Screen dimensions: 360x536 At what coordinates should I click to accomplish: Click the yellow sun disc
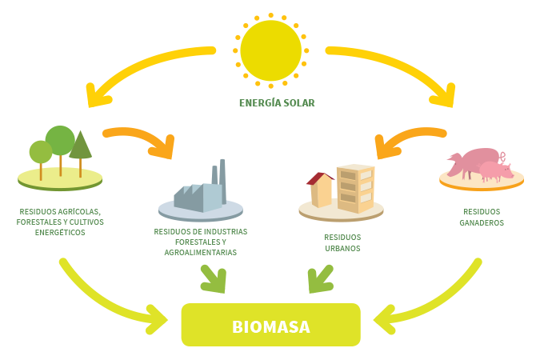(270, 50)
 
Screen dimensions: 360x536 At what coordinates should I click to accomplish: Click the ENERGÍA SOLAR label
(277, 102)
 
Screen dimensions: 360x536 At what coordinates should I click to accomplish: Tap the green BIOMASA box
(270, 326)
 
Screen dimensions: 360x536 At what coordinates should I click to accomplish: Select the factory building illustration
(197, 192)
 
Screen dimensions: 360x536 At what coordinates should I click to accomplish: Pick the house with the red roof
(320, 190)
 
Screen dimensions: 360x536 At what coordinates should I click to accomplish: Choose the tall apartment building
(355, 187)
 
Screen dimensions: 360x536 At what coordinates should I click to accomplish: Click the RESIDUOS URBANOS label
(342, 242)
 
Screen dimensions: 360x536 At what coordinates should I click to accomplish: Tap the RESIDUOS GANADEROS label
(482, 218)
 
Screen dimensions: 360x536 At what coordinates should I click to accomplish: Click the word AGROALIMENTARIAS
(201, 252)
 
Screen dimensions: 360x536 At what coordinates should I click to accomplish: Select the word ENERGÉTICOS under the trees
(60, 232)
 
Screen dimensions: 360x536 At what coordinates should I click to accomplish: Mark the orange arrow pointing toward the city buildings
(408, 141)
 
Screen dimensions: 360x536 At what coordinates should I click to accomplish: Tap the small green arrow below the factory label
(213, 278)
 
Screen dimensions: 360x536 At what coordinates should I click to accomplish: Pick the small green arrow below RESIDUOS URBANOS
(321, 279)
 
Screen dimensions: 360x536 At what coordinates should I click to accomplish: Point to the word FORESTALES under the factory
(201, 242)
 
